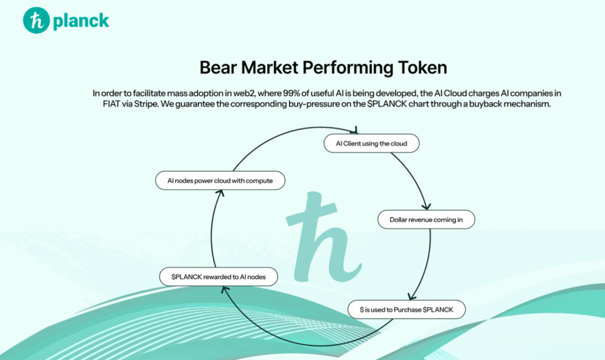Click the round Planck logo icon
click(36, 21)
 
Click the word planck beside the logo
click(81, 21)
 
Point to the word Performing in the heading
click(348, 68)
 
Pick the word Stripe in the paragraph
click(146, 104)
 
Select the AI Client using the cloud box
click(372, 144)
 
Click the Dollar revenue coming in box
click(426, 219)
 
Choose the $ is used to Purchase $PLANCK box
click(406, 309)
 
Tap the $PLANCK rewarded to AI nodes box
click(219, 277)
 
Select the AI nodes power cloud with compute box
click(220, 180)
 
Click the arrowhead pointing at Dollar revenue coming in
click(427, 206)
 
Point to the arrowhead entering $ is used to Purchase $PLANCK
click(412, 296)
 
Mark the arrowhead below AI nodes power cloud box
click(220, 193)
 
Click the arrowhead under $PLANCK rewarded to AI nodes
click(225, 290)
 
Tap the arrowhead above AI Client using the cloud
click(355, 130)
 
